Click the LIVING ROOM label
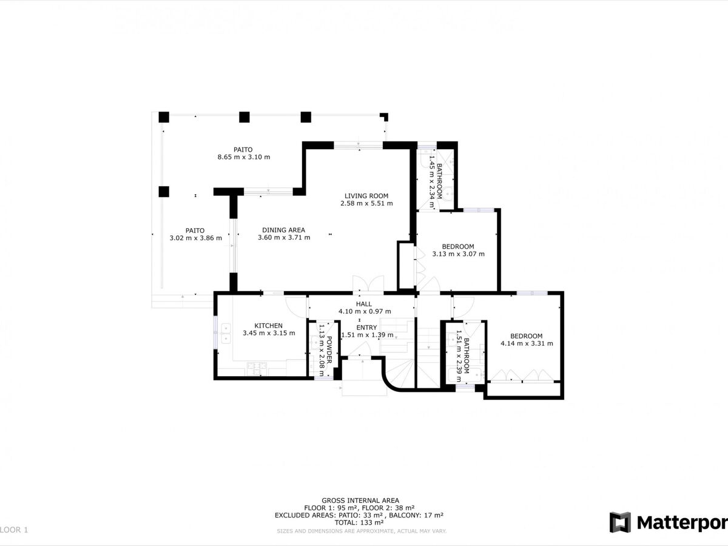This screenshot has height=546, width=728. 366,196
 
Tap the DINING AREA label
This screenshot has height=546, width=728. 283,230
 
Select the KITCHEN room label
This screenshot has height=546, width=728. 268,326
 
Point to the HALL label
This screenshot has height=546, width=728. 364,304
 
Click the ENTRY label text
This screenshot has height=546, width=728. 366,328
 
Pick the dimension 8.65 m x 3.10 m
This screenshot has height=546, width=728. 244,157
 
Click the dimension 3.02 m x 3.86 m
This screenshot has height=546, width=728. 196,238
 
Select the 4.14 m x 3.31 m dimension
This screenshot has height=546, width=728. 527,343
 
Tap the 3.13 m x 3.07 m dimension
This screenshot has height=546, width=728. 459,254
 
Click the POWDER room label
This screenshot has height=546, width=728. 329,350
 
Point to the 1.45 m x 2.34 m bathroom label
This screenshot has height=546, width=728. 436,181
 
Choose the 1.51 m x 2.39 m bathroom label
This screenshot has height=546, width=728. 463,356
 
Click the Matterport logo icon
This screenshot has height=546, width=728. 620,522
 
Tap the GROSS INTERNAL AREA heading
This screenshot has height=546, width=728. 360,500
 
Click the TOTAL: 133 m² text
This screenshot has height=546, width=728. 359,523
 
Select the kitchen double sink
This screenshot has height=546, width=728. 226,334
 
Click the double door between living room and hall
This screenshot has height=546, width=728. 368,284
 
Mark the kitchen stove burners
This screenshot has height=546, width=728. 257,369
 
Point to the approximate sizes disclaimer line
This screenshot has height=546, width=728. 362,531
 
